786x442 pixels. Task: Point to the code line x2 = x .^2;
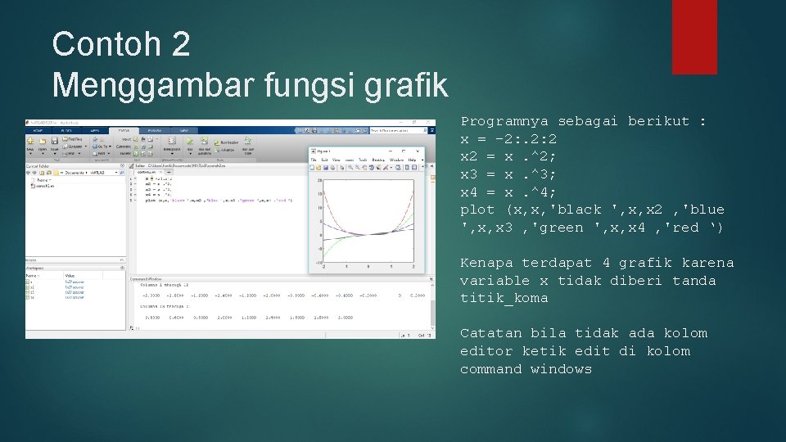(508, 156)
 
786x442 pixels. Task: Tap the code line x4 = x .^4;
(508, 192)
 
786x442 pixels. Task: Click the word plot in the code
(477, 210)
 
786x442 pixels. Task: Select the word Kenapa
(486, 263)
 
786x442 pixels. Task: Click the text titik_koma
(504, 299)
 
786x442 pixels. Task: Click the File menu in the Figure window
(314, 160)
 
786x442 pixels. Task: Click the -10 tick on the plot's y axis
(318, 262)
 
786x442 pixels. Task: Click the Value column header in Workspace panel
(70, 276)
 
